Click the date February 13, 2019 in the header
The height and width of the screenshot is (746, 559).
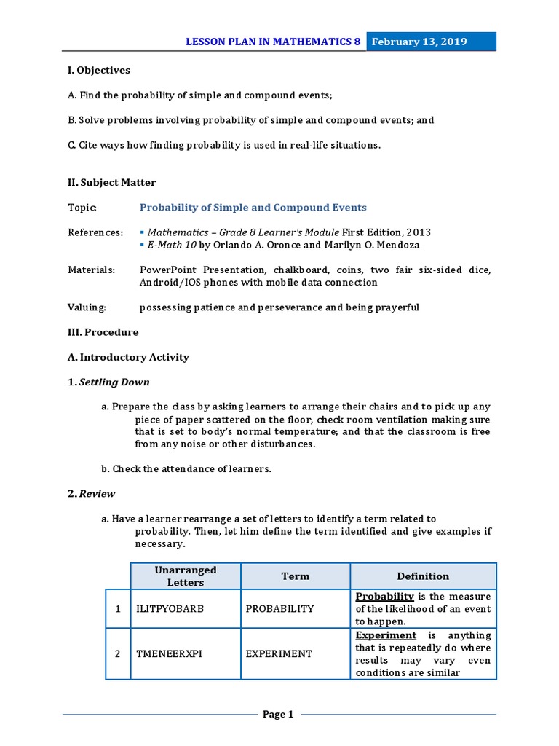click(x=419, y=42)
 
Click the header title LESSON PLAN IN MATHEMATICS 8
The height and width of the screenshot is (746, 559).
click(x=274, y=42)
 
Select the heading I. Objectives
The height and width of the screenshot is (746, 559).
click(x=99, y=71)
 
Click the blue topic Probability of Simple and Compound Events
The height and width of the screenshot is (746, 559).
click(x=253, y=208)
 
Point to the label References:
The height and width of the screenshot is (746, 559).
click(x=95, y=232)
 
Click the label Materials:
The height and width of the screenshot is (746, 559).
click(x=92, y=270)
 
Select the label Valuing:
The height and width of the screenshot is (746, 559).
click(x=87, y=307)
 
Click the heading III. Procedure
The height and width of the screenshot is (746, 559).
click(x=103, y=332)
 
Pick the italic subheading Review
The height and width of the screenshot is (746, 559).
click(x=97, y=493)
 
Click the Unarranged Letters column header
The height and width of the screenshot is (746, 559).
click(x=186, y=576)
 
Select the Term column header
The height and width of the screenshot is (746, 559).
click(x=296, y=576)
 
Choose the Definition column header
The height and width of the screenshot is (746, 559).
click(x=423, y=576)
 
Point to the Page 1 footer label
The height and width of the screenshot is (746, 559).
click(x=278, y=715)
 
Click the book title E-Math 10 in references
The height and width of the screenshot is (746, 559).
click(x=167, y=245)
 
